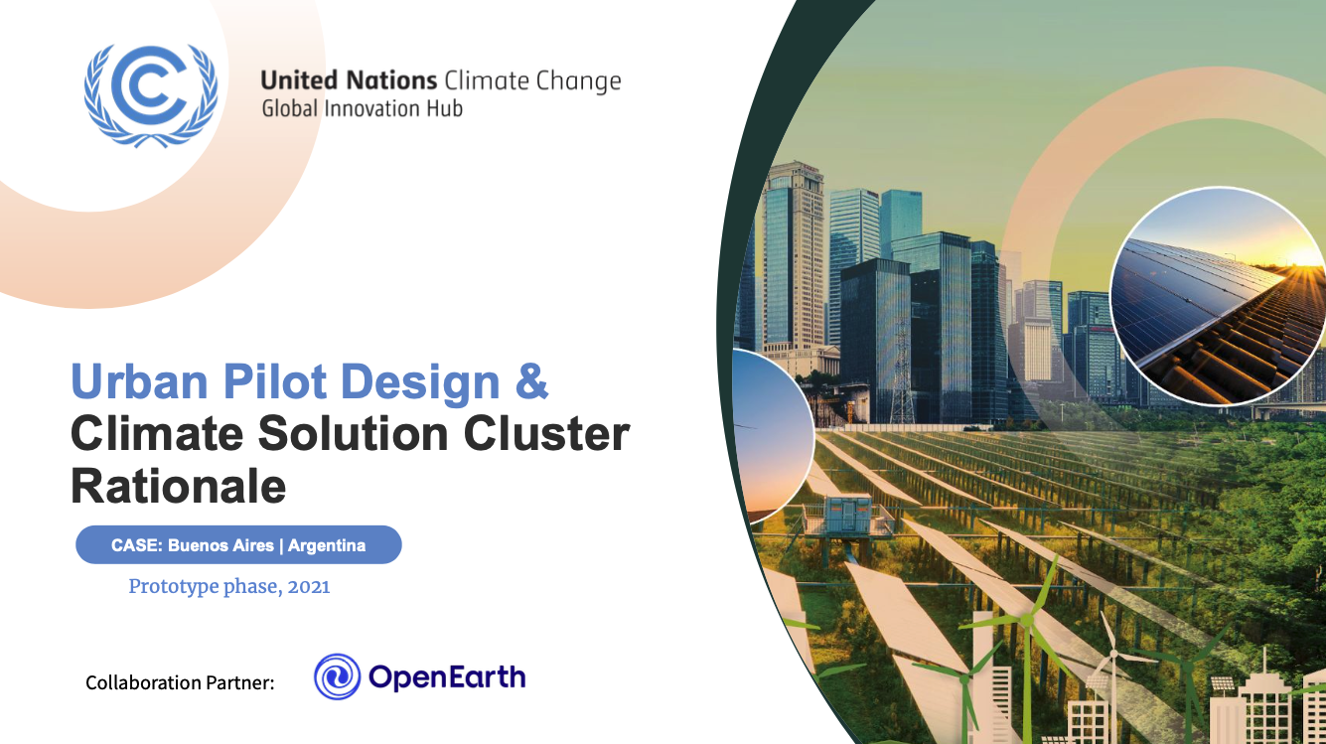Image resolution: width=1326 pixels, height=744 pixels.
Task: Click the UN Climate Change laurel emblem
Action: [x=150, y=94]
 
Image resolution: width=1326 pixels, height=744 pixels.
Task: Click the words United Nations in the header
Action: [x=348, y=80]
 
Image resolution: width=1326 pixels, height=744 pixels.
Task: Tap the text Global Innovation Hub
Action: [x=362, y=108]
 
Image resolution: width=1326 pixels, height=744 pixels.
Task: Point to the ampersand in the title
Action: [x=531, y=383]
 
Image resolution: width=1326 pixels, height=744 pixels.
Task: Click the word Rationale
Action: [x=179, y=487]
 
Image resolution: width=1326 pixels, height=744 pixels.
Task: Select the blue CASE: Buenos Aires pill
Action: [x=238, y=545]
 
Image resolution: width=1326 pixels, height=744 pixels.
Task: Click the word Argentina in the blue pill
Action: [x=327, y=545]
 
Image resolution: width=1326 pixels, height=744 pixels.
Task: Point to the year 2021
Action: [x=309, y=586]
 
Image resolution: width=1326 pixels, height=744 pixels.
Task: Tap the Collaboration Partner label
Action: [x=180, y=682]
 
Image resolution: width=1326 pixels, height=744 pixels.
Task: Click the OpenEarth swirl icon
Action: [x=338, y=677]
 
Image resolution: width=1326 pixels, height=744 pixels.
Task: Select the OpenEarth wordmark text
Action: [x=447, y=677]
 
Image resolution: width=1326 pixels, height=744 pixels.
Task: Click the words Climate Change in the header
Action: [x=532, y=80]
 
